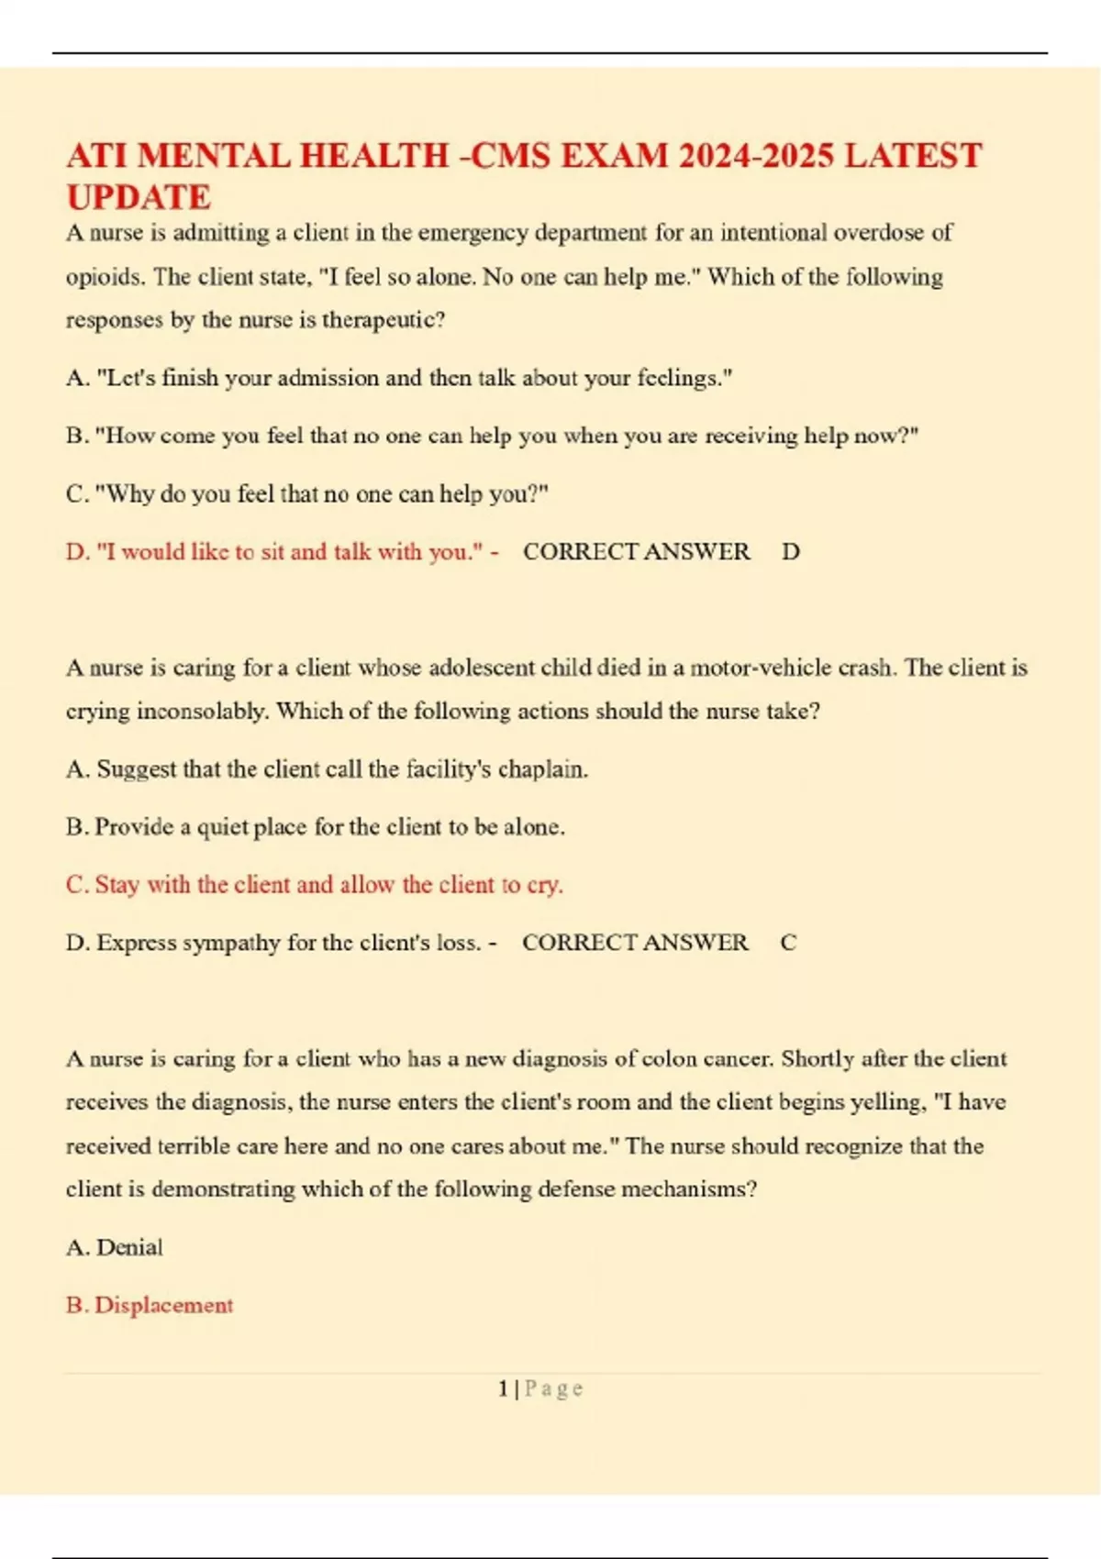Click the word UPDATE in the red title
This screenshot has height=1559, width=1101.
point(139,197)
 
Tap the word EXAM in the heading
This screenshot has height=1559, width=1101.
point(615,156)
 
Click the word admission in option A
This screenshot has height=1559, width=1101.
point(328,378)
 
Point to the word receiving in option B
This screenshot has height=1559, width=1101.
point(751,436)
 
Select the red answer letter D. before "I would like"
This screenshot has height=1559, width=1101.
point(77,552)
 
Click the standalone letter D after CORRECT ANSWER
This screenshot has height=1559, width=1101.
point(790,552)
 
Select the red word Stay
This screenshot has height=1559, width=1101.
point(117,885)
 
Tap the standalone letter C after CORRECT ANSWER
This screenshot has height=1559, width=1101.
point(788,943)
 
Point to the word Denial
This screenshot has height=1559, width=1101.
point(129,1247)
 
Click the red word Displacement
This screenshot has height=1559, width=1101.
point(163,1305)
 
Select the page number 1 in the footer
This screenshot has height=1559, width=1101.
point(503,1388)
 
